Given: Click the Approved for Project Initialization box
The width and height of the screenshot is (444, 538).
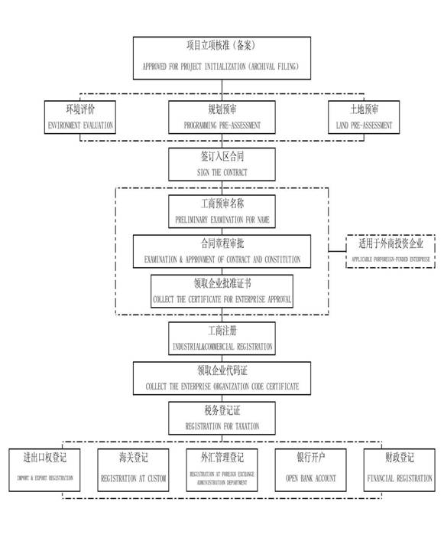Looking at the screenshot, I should coord(222,57).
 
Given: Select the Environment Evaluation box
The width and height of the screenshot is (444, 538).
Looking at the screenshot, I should coord(81,117).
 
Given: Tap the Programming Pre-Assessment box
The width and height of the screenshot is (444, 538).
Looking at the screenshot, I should coord(222,117).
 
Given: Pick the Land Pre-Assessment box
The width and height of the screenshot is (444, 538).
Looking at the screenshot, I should coord(363,117).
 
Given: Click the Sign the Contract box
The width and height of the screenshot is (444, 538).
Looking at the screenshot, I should coord(222,164).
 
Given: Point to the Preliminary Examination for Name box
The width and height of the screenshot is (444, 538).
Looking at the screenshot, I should coord(222,212).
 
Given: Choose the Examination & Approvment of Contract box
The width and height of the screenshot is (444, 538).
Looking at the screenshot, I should coord(222,252).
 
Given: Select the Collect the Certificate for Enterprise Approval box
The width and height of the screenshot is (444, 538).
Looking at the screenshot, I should coord(222,291).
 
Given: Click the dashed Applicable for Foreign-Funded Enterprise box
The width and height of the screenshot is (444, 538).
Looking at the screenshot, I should coord(391,252).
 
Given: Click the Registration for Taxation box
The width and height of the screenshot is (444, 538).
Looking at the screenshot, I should coord(222,418).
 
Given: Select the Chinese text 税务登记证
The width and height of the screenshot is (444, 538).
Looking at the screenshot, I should coord(222,411).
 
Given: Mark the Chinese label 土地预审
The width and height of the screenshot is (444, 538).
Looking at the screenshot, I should coord(363,109).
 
